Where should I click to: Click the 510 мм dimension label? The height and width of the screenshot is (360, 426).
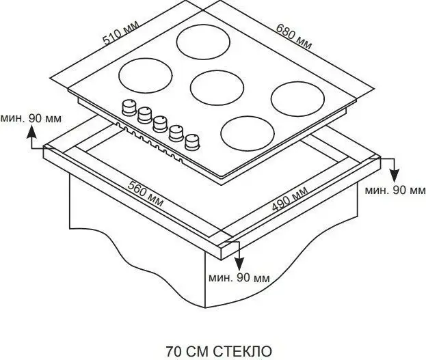(x=121, y=32)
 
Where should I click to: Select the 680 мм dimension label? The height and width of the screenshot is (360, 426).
(x=294, y=36)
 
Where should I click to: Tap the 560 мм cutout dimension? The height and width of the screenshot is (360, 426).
(x=146, y=193)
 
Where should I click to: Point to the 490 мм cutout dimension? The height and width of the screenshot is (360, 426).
(x=290, y=199)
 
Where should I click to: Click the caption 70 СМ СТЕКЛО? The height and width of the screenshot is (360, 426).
(x=219, y=352)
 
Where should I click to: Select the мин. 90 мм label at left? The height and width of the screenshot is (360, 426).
(x=31, y=118)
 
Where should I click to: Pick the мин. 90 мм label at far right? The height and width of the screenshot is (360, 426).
(x=395, y=191)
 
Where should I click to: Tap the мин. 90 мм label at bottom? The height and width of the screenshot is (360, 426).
(x=239, y=278)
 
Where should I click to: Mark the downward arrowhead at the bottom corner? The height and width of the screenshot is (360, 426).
(x=239, y=264)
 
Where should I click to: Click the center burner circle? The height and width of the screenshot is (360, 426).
(x=217, y=88)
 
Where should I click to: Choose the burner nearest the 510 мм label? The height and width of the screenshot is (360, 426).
(x=146, y=76)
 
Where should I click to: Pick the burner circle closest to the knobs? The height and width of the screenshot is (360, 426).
(x=248, y=133)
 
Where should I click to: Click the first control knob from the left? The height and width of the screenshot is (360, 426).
(x=129, y=107)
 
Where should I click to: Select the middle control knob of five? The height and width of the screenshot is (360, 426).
(x=160, y=124)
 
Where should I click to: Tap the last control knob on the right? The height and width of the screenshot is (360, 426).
(x=192, y=141)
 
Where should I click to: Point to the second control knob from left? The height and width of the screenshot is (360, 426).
(x=144, y=115)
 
